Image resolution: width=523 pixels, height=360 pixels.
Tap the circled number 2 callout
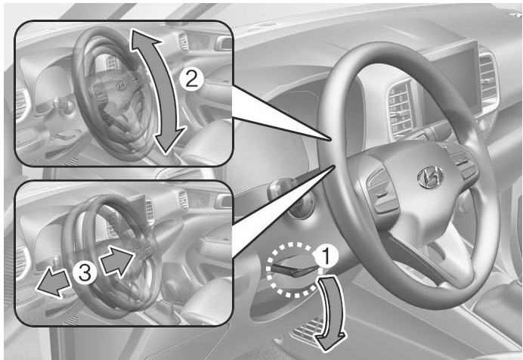tap(191, 80)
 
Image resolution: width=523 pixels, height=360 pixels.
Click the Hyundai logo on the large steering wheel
tap(431, 176)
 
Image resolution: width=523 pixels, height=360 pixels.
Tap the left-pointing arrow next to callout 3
tap(54, 283)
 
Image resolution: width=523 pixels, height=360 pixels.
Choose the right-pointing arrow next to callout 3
tap(117, 261)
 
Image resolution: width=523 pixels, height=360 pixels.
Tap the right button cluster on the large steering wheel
tap(462, 161)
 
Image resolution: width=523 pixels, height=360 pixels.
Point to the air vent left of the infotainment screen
tap(401, 110)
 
